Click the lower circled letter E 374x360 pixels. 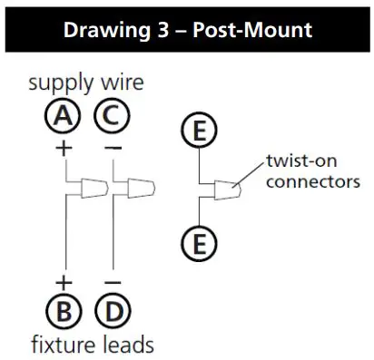click(198, 243)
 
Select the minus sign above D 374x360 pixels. click(113, 282)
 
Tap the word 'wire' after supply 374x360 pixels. click(123, 84)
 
